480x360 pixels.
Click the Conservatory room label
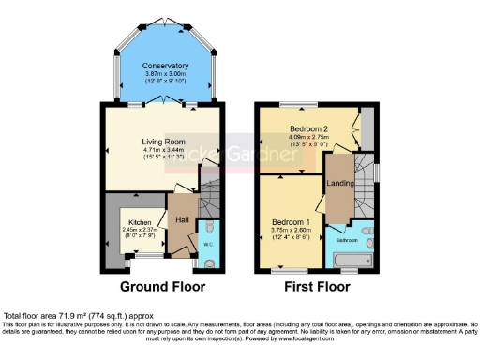[x=165, y=66]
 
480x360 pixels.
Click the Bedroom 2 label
[x=307, y=127]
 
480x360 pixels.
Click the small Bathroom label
[x=356, y=239]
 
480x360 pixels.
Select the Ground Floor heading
[x=164, y=286]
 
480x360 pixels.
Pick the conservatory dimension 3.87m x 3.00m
[x=165, y=75]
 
